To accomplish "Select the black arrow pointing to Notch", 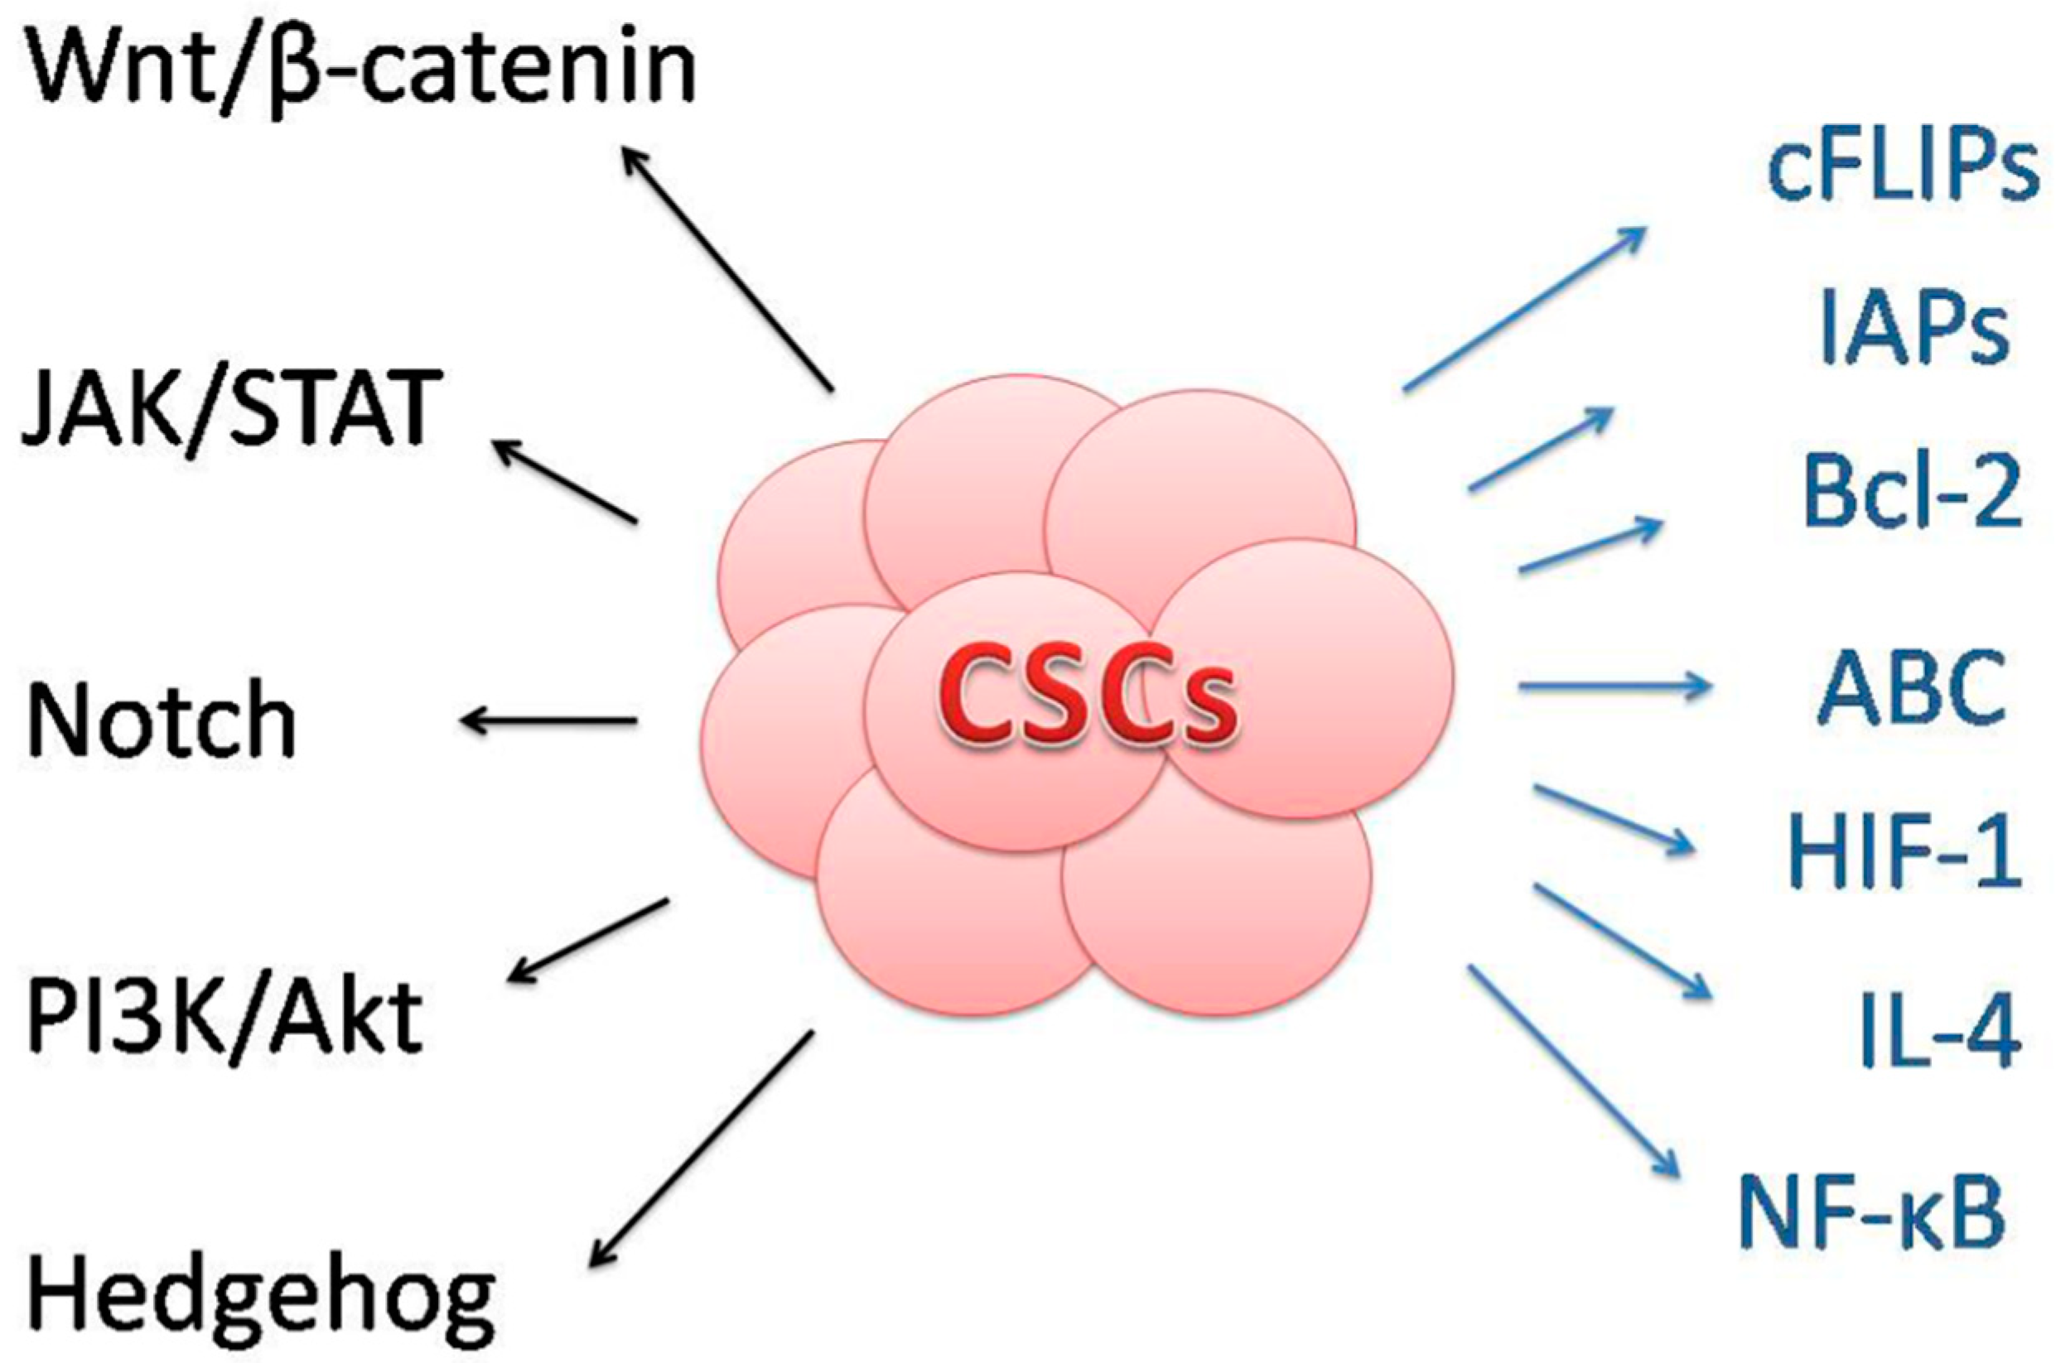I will (x=549, y=720).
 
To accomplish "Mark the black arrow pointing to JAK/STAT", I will (x=565, y=482).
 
